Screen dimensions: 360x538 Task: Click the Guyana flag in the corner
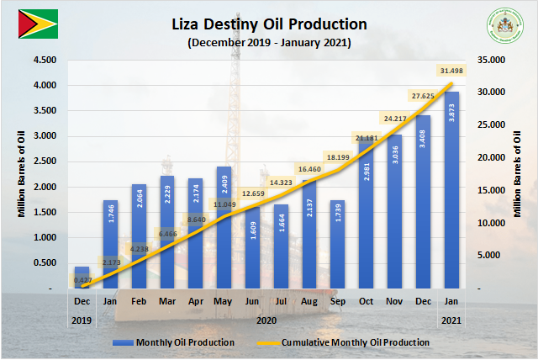pos(37,23)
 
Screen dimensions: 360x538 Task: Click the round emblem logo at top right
pos(503,27)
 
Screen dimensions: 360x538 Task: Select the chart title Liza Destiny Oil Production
pos(269,24)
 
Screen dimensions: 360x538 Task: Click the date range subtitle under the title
pos(269,42)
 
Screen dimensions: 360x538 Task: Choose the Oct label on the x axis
pos(366,301)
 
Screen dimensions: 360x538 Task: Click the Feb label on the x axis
pos(139,301)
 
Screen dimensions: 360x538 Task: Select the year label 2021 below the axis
pos(451,320)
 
